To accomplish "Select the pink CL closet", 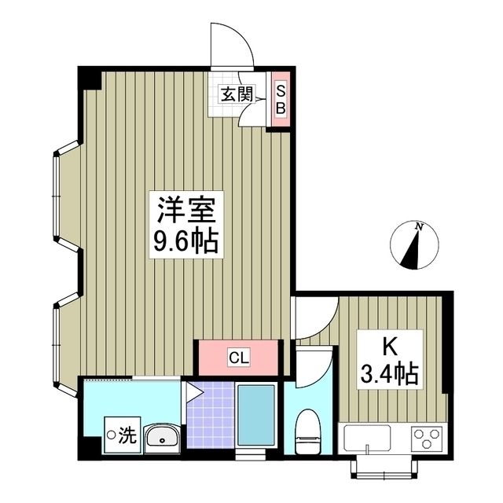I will tap(239, 358).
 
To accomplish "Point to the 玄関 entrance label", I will tap(235, 95).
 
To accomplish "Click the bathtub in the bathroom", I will tap(255, 417).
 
